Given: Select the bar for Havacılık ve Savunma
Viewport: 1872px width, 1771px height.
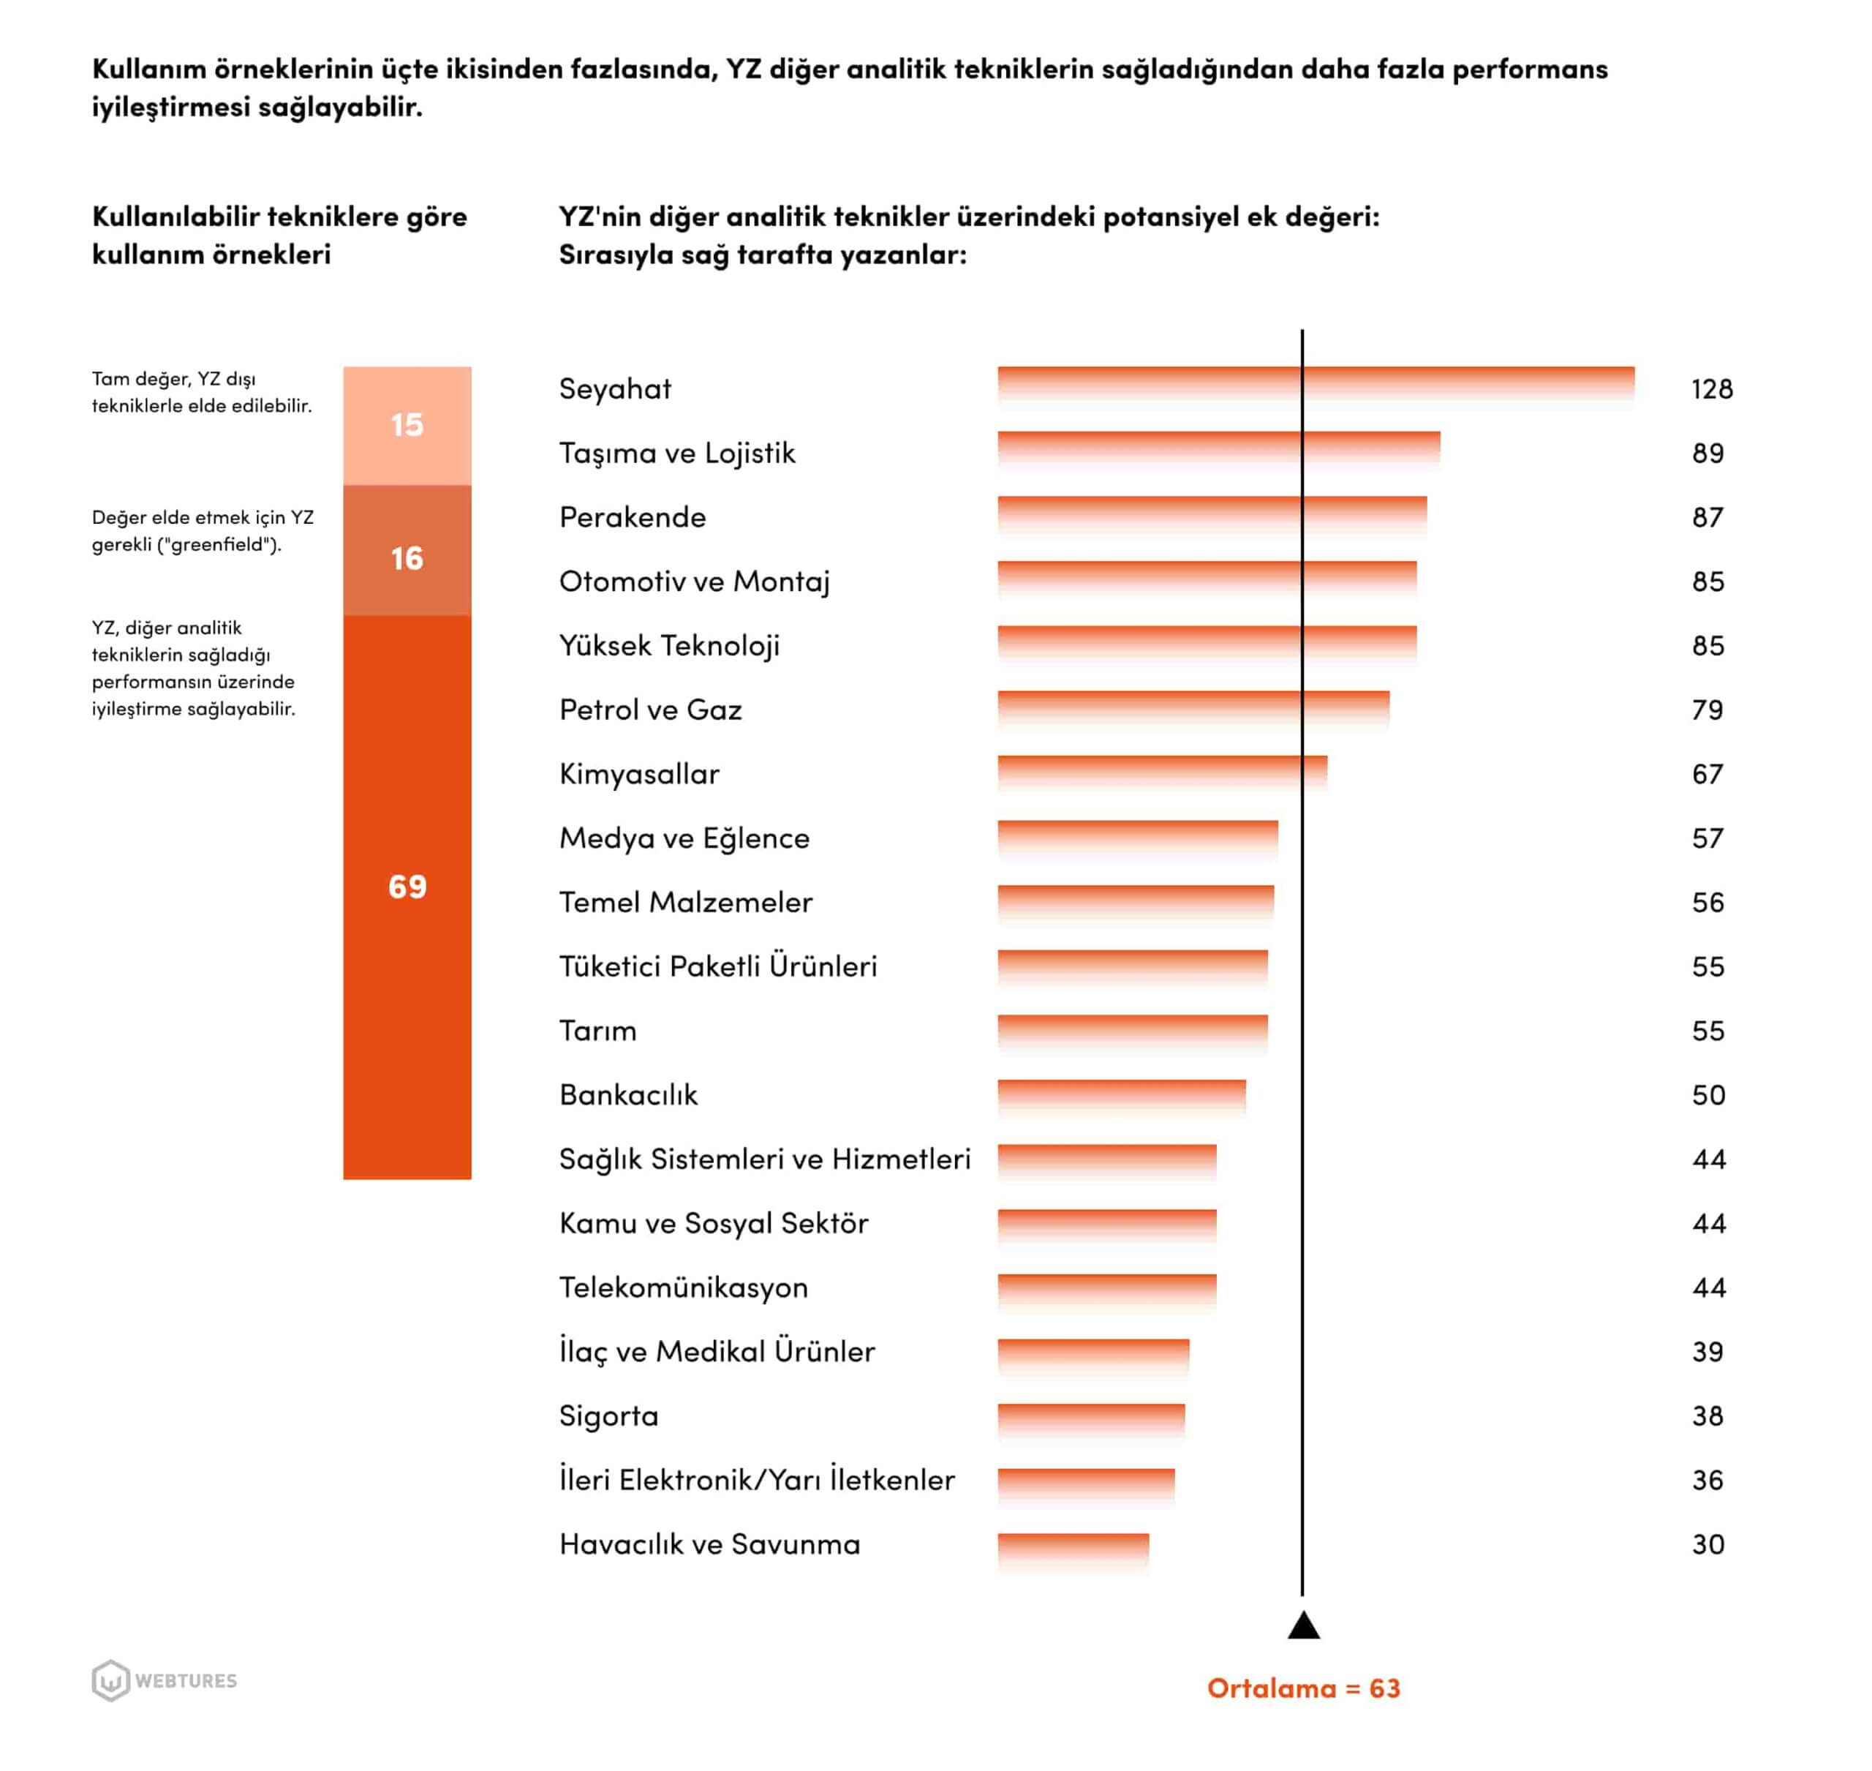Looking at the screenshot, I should pyautogui.click(x=1073, y=1549).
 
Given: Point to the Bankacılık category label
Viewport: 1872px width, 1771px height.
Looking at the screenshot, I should pyautogui.click(x=628, y=1095).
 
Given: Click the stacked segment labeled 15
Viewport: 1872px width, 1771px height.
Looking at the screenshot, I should pyautogui.click(x=407, y=426).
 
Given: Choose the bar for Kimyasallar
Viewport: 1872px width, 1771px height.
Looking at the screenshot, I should pyautogui.click(x=1161, y=771).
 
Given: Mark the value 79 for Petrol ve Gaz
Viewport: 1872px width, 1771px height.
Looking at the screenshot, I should pyautogui.click(x=1707, y=710).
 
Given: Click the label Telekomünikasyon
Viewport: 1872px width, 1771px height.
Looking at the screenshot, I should pyautogui.click(x=683, y=1287).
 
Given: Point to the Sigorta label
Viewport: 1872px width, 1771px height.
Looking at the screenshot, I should pyautogui.click(x=608, y=1416).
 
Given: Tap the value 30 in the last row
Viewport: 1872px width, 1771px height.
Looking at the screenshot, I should pyautogui.click(x=1707, y=1544).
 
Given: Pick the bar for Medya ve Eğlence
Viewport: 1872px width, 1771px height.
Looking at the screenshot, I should pyautogui.click(x=1137, y=836).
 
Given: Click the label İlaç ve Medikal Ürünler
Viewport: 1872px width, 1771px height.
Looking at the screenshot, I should pyautogui.click(x=717, y=1352).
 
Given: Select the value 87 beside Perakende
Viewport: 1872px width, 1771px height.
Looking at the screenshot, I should pyautogui.click(x=1707, y=517).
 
